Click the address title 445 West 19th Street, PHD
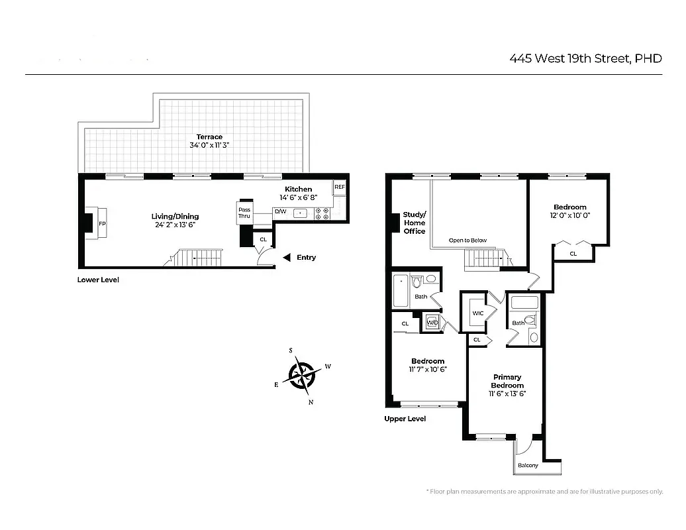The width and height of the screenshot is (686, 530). click(x=585, y=58)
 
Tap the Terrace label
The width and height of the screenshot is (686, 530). click(x=209, y=136)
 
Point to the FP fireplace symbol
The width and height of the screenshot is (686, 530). click(x=103, y=224)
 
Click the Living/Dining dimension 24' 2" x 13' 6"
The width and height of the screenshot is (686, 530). click(x=174, y=225)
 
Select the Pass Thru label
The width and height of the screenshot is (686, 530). click(x=244, y=213)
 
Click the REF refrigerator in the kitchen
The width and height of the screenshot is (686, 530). click(x=340, y=187)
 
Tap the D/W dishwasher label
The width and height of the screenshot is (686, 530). click(x=280, y=213)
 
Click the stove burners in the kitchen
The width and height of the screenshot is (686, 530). click(x=322, y=213)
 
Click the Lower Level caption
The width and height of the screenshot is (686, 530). click(x=98, y=280)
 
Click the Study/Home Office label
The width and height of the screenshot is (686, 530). click(x=415, y=223)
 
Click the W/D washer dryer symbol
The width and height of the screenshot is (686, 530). click(x=433, y=323)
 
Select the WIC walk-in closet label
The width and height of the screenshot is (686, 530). click(x=477, y=313)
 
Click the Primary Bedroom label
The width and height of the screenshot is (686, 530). click(x=507, y=381)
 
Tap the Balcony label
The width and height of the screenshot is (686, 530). click(x=528, y=465)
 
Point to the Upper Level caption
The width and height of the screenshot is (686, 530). click(x=405, y=419)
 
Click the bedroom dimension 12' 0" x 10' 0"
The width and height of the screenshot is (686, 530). click(x=569, y=215)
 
